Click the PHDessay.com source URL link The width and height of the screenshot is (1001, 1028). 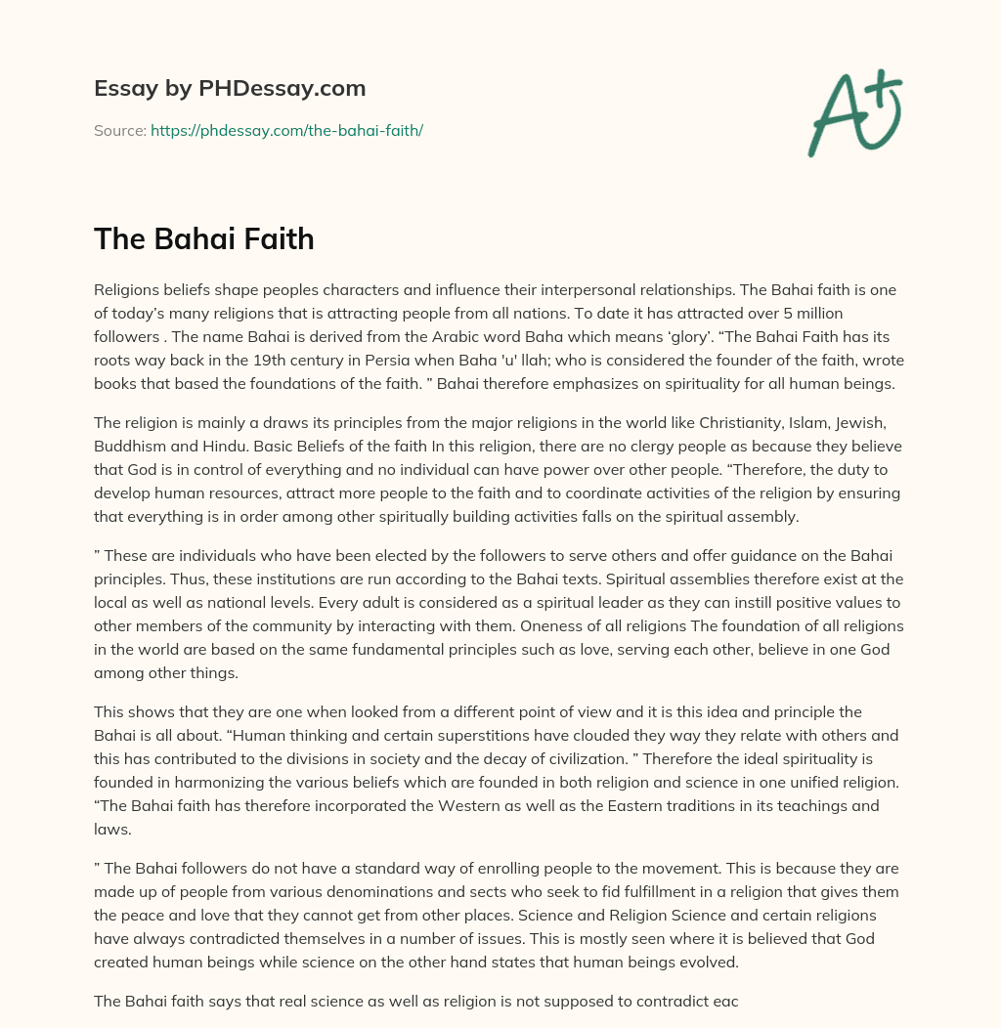pyautogui.click(x=286, y=130)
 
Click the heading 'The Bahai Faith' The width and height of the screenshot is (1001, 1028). pyautogui.click(x=203, y=238)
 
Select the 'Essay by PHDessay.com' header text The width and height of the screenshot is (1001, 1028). pyautogui.click(x=230, y=88)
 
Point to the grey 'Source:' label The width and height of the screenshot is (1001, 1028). pyautogui.click(x=119, y=130)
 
